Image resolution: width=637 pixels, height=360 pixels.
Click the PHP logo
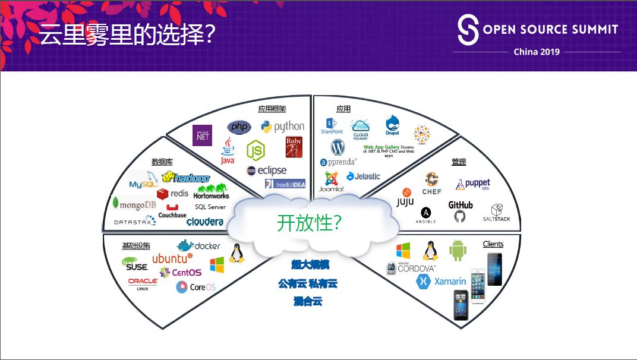(239, 127)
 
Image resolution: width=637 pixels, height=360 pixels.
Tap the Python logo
(282, 127)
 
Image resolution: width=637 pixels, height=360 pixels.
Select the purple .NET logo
(202, 135)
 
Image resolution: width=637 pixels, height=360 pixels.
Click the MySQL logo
(143, 181)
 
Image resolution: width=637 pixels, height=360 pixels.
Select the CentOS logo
(181, 272)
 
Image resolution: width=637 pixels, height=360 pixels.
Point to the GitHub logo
(461, 211)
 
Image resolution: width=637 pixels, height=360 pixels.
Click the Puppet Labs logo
(473, 185)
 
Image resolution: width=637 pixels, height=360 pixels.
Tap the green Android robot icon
(458, 251)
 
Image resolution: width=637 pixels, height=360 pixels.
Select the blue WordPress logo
(338, 147)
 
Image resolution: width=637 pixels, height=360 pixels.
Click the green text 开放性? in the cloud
(309, 222)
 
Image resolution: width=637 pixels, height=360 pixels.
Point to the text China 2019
(537, 52)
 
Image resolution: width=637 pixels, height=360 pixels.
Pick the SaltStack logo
(496, 213)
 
